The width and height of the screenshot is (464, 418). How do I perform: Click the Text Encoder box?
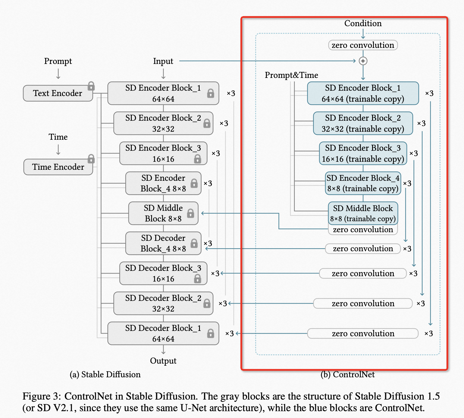pyautogui.click(x=58, y=93)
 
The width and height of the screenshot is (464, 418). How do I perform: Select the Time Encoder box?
pyautogui.click(x=58, y=167)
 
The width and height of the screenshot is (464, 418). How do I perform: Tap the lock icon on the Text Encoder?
pyautogui.click(x=91, y=86)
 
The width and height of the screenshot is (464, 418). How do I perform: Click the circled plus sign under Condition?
pyautogui.click(x=363, y=61)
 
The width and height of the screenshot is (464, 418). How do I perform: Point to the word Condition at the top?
pyautogui.click(x=363, y=23)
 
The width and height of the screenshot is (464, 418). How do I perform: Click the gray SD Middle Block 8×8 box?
pyautogui.click(x=163, y=213)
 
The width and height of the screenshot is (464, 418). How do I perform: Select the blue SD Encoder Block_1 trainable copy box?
pyautogui.click(x=363, y=93)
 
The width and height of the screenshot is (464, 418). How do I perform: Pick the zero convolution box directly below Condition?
pyautogui.click(x=363, y=45)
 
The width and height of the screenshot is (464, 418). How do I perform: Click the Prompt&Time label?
pyautogui.click(x=291, y=75)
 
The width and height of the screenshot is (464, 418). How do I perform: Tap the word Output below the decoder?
pyautogui.click(x=163, y=361)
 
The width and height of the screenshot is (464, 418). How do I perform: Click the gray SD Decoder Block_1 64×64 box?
pyautogui.click(x=163, y=333)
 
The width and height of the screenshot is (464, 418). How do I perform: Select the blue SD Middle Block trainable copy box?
pyautogui.click(x=363, y=213)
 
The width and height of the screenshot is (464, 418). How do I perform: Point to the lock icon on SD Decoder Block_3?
pyautogui.click(x=197, y=279)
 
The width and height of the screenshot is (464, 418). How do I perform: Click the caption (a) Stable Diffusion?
pyautogui.click(x=105, y=375)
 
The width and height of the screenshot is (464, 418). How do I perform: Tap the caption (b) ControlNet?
pyautogui.click(x=347, y=375)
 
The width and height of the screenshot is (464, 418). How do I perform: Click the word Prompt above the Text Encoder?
pyautogui.click(x=58, y=61)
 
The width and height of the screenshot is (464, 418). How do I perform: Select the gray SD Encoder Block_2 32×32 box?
pyautogui.click(x=163, y=123)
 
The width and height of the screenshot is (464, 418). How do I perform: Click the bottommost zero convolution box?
pyautogui.click(x=363, y=334)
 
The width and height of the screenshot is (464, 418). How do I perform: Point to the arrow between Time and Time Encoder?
pyautogui.click(x=58, y=150)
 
